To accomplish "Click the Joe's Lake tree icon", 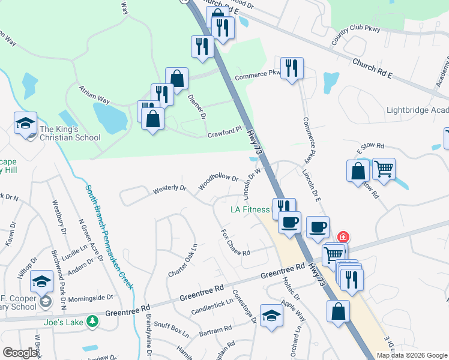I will coord(92,322).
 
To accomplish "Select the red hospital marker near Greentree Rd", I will coord(343,237).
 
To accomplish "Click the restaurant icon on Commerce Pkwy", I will coord(292,68).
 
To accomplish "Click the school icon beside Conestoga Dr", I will coord(271,316).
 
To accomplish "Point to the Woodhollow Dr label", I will coord(219,182).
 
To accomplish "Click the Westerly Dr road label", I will coord(169,188).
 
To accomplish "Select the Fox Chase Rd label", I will coord(235,243).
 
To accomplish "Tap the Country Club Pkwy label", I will coord(356,35).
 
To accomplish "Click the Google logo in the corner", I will coord(20,353).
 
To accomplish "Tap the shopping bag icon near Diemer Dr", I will coord(176,78).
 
